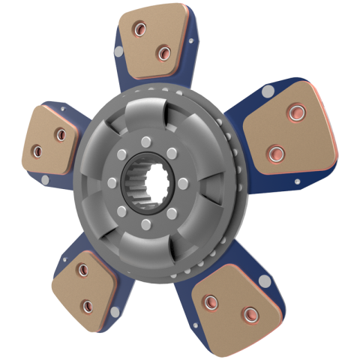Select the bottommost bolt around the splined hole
click(x=143, y=223)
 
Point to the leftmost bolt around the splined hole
click(x=112, y=182)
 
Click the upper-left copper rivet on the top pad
click(x=139, y=30)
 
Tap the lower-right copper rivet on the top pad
click(x=163, y=52)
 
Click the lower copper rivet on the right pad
click(x=276, y=154)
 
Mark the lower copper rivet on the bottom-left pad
click(x=86, y=305)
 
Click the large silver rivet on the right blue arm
click(x=267, y=91)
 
